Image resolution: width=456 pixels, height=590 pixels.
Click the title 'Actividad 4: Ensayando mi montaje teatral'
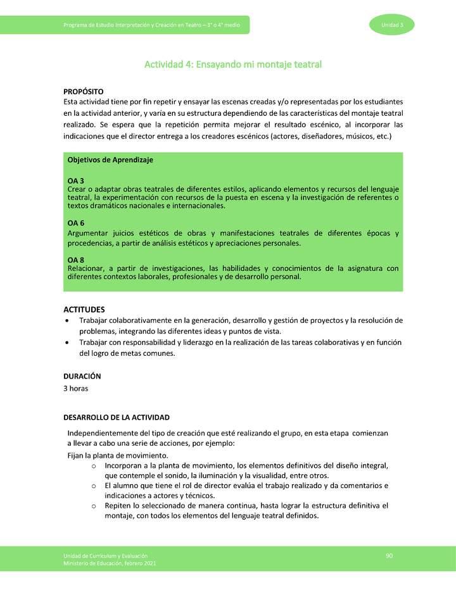click(233, 65)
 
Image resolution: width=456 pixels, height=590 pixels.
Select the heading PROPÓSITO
click(84, 92)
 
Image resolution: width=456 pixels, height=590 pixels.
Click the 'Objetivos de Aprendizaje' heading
click(110, 160)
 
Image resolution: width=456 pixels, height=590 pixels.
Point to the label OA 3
click(76, 181)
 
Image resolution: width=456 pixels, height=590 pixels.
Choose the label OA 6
click(76, 223)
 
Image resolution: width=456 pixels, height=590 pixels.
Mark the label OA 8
click(76, 260)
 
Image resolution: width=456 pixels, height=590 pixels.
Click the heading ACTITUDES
click(84, 310)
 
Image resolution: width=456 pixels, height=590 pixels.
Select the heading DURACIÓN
click(82, 376)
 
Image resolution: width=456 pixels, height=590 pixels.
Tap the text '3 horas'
click(75, 388)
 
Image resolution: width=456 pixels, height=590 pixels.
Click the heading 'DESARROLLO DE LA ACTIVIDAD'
click(116, 418)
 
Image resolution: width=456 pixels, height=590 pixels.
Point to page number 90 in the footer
click(389, 556)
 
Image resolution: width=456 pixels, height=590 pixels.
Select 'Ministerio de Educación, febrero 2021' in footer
click(110, 563)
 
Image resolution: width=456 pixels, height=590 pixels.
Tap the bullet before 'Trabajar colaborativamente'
click(68, 321)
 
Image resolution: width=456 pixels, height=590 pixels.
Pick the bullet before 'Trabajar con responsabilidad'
click(68, 342)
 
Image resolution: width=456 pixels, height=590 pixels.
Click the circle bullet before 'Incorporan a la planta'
click(93, 465)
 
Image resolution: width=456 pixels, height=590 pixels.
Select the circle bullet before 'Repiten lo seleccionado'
click(93, 506)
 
